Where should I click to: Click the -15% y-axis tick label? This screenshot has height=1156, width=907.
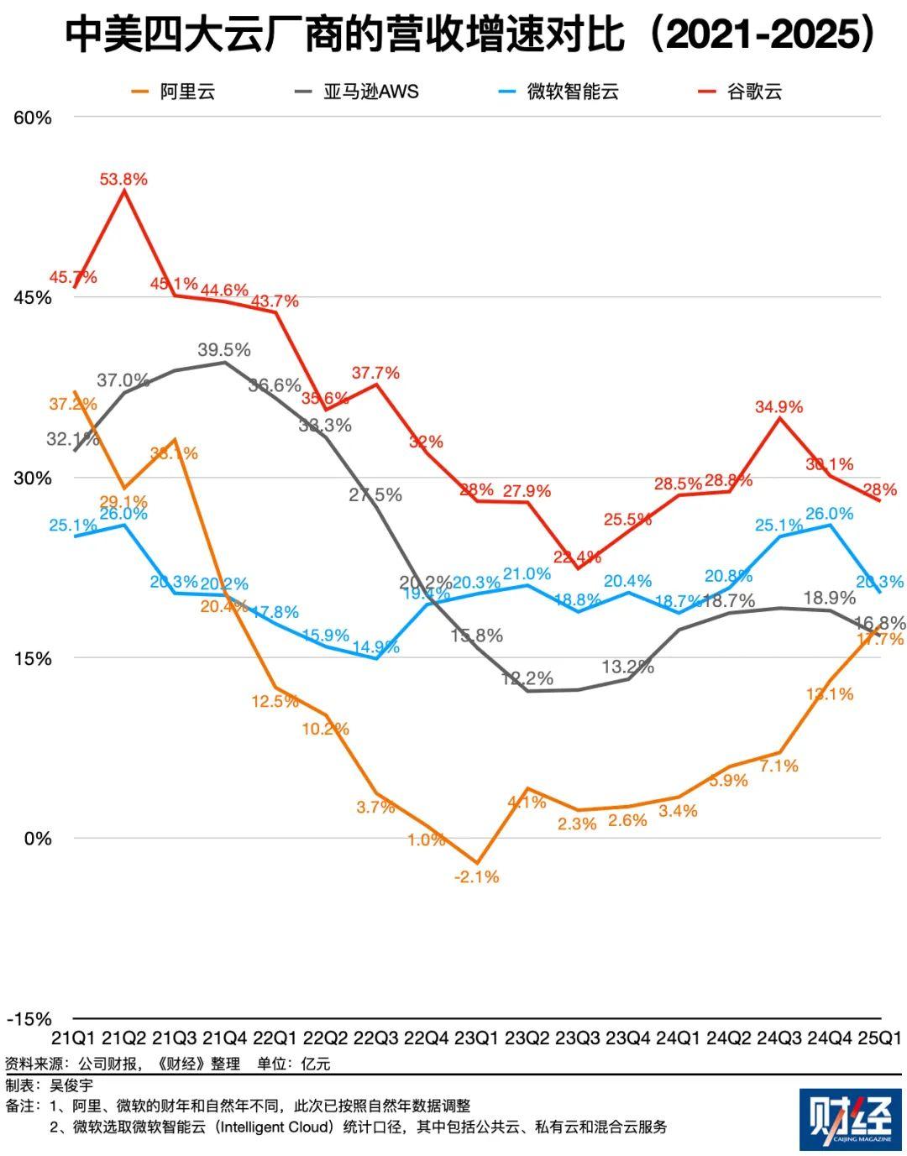point(29,1018)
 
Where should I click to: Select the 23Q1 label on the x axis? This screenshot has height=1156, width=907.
point(476,1038)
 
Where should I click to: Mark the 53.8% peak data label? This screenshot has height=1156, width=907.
point(123,179)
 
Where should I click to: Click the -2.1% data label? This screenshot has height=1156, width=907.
point(476,876)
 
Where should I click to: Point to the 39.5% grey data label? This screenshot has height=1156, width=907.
point(224,349)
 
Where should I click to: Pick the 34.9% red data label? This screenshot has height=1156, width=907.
point(779,406)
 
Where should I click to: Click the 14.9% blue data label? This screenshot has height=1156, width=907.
point(376,647)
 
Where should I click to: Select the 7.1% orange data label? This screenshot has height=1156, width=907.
point(779,766)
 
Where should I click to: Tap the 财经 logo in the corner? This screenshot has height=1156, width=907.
point(850,1120)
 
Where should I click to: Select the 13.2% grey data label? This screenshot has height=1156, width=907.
point(627,667)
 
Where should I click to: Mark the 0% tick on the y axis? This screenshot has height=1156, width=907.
point(38,838)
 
